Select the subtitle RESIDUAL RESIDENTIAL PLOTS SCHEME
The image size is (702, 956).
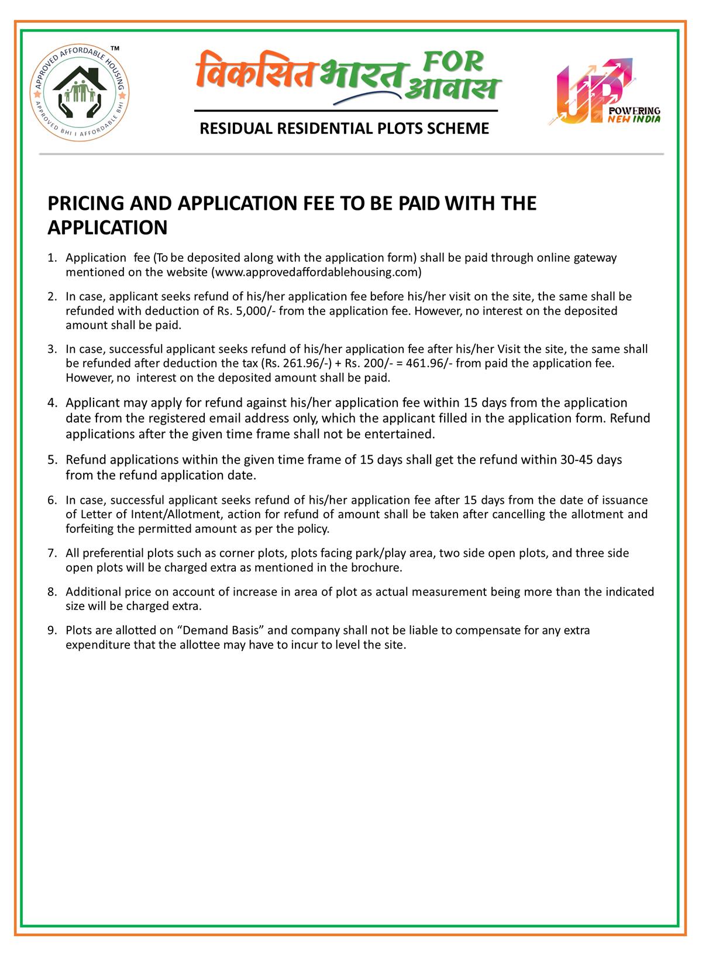[345, 129]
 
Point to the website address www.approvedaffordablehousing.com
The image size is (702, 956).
[316, 272]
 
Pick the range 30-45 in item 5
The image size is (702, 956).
[577, 459]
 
